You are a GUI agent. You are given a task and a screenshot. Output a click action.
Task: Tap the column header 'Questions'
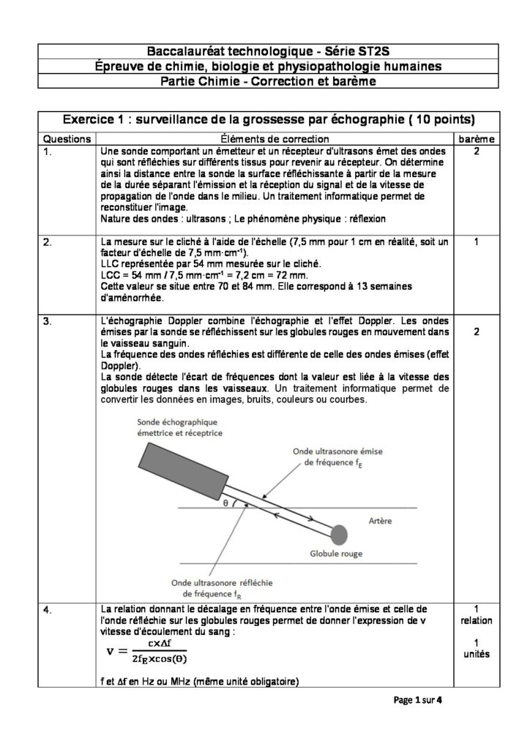[x=67, y=138]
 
